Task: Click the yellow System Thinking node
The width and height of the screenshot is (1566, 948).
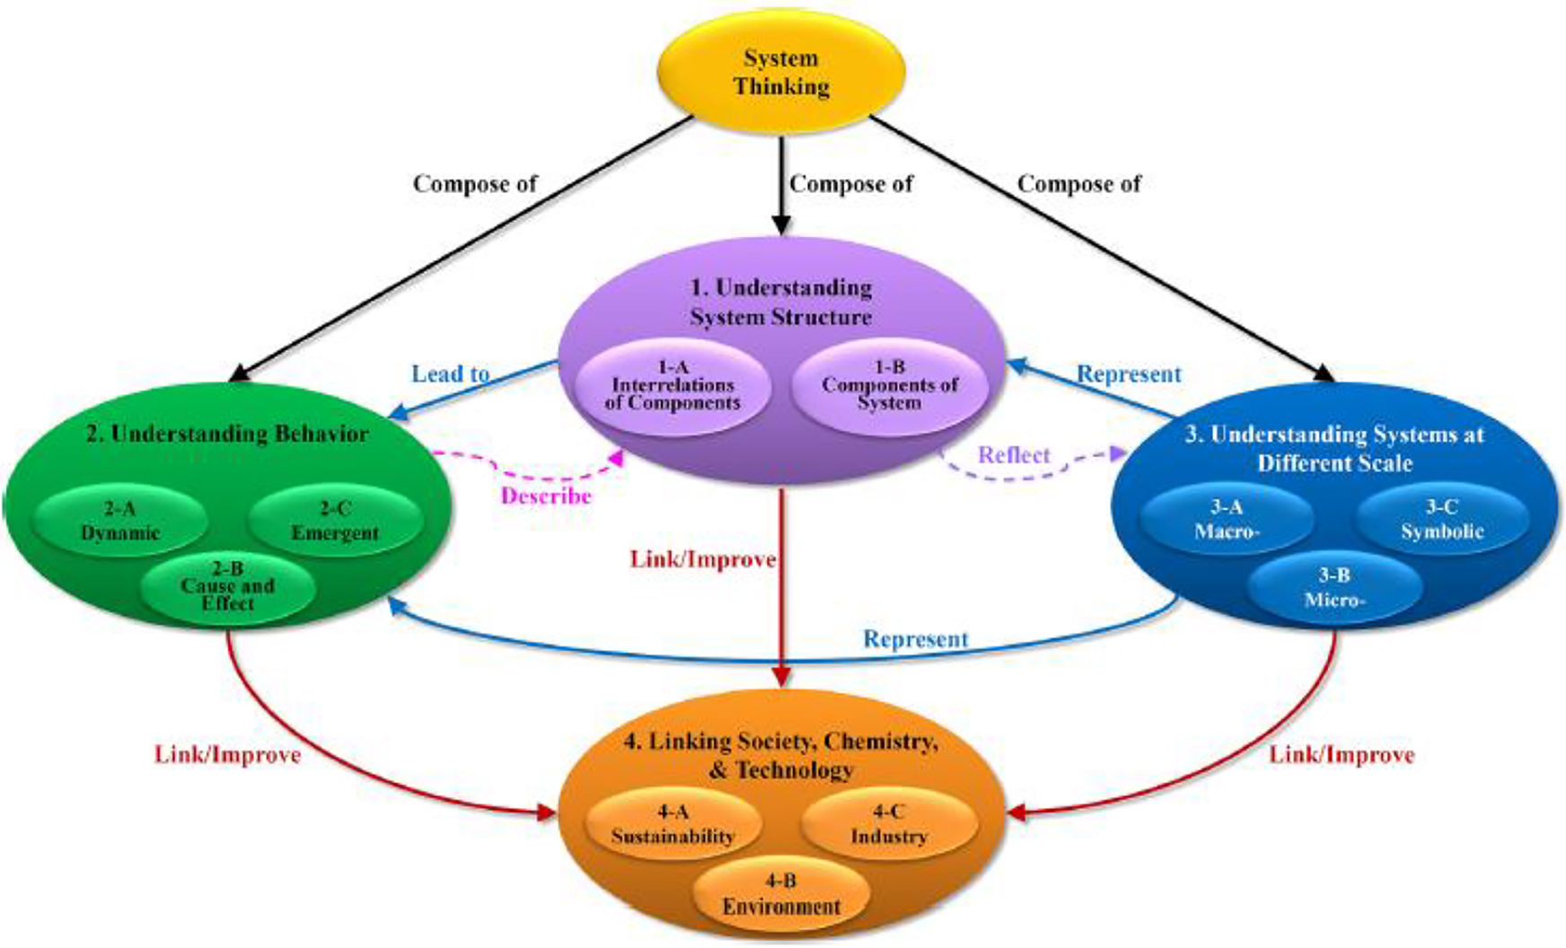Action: [x=781, y=72]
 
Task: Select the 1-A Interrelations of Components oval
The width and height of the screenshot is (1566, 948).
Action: [x=673, y=385]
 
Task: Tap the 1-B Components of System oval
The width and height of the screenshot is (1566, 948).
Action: [x=889, y=385]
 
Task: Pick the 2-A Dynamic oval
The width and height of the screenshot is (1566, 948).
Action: [x=120, y=521]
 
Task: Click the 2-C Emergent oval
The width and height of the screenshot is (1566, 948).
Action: [x=335, y=521]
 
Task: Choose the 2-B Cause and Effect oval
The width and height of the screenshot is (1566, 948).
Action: [x=228, y=586]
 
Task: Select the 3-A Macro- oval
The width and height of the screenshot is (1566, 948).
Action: [x=1227, y=520]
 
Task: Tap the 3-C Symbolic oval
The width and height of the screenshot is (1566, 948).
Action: [x=1442, y=519]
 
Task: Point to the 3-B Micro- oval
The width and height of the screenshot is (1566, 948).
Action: [x=1334, y=587]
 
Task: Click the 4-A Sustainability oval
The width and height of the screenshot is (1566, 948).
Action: [x=673, y=824]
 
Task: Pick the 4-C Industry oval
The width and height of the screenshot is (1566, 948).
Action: [x=888, y=824]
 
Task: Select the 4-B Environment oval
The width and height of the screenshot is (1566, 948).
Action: [x=781, y=894]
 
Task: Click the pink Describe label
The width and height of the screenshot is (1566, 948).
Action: [x=546, y=496]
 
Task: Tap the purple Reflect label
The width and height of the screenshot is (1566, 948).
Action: [x=1014, y=455]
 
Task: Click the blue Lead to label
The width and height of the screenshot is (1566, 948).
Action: [x=451, y=373]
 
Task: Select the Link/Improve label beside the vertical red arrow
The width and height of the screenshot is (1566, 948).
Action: [x=702, y=560]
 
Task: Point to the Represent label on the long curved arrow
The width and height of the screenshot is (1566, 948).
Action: [x=916, y=639]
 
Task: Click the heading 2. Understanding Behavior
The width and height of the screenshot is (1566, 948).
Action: [x=227, y=434]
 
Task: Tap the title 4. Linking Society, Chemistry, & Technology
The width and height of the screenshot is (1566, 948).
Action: [x=781, y=755]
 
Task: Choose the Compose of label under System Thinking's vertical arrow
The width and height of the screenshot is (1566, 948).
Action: [x=850, y=184]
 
